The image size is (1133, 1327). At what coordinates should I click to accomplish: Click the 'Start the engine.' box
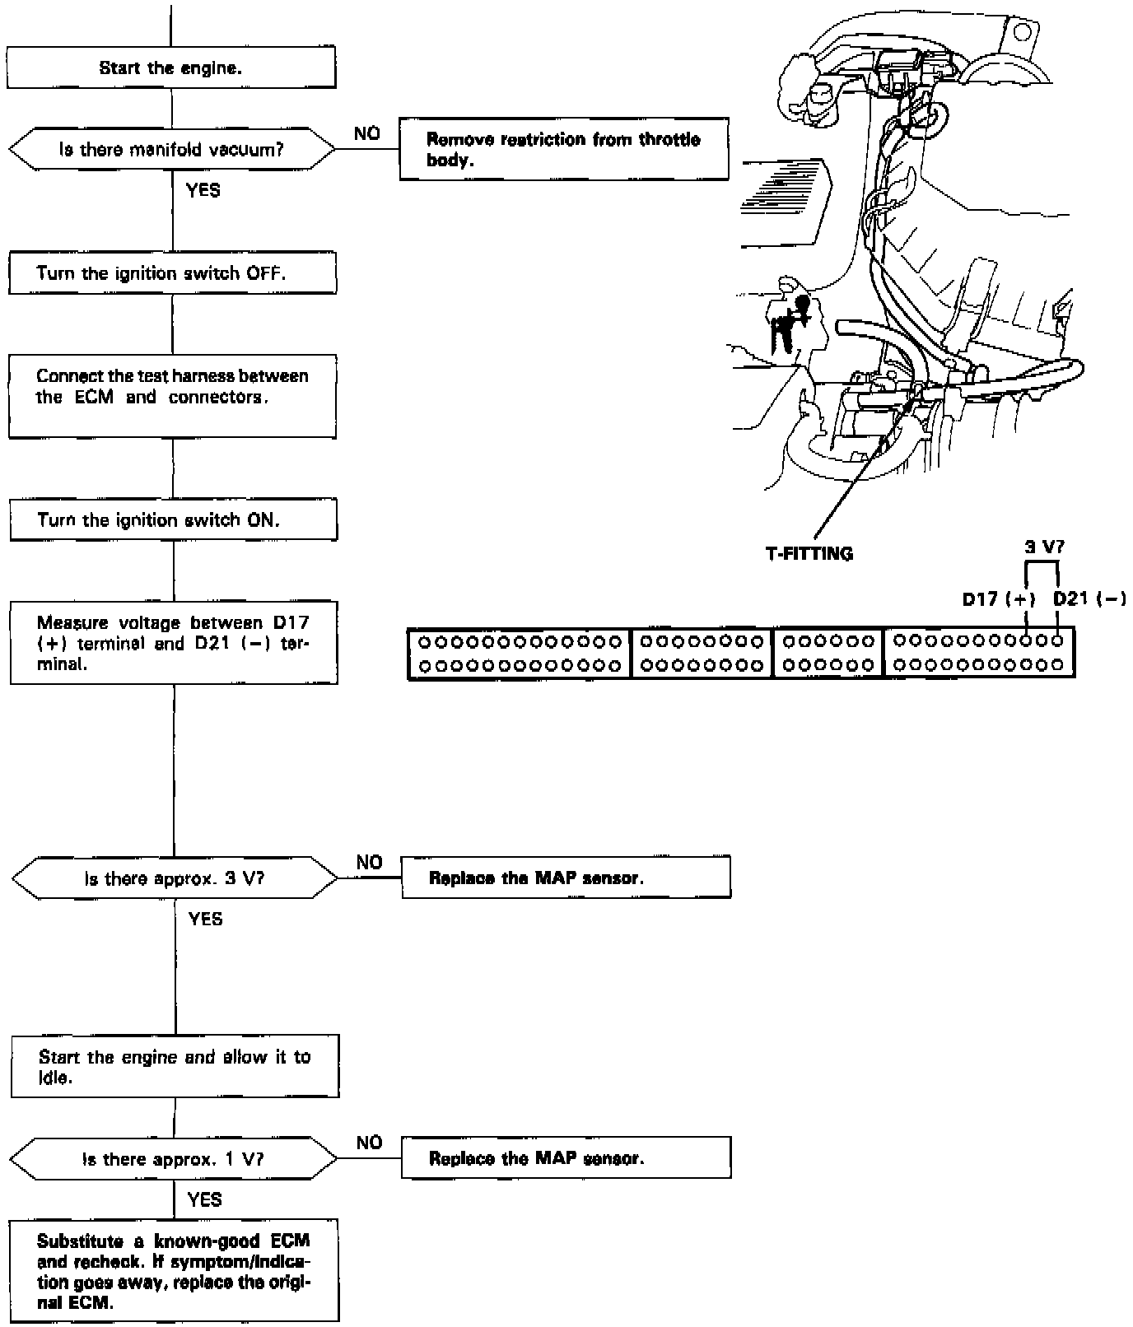click(171, 68)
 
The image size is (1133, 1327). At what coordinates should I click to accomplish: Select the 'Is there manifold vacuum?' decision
click(171, 150)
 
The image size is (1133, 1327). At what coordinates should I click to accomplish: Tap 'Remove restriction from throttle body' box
click(564, 150)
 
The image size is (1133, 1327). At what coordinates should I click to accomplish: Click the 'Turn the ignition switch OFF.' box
click(172, 273)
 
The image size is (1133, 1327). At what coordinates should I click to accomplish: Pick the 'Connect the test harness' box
click(172, 396)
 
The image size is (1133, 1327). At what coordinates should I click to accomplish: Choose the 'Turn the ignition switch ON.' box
click(173, 519)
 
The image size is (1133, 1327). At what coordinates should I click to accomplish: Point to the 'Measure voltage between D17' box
click(174, 643)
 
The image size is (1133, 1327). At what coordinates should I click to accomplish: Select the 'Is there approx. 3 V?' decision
click(174, 878)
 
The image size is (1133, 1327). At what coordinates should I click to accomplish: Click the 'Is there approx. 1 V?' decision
click(174, 1159)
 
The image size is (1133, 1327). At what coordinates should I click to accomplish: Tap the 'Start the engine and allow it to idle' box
click(175, 1067)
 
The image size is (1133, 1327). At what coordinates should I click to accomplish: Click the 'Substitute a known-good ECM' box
click(174, 1271)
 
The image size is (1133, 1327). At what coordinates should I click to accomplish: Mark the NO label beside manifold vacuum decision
click(367, 133)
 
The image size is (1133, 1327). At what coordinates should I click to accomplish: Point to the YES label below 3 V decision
click(205, 919)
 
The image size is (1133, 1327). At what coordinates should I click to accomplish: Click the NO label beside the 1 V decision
click(370, 1143)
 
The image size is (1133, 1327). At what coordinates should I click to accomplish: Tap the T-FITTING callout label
click(809, 554)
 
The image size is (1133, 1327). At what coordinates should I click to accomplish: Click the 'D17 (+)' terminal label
click(998, 598)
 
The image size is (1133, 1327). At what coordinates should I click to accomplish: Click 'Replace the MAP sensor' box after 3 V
click(566, 878)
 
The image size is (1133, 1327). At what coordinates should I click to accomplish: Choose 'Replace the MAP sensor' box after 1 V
click(566, 1158)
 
